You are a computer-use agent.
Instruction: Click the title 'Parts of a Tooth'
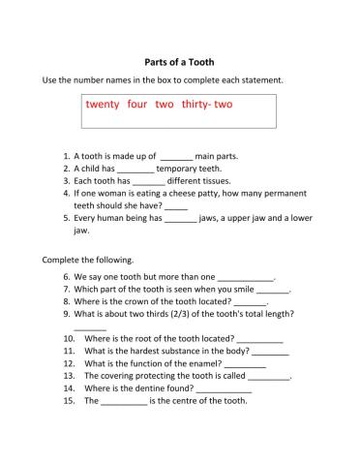pos(179,57)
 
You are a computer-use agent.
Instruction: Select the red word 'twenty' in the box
pos(103,105)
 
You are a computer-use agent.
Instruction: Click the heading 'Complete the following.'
pos(88,260)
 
